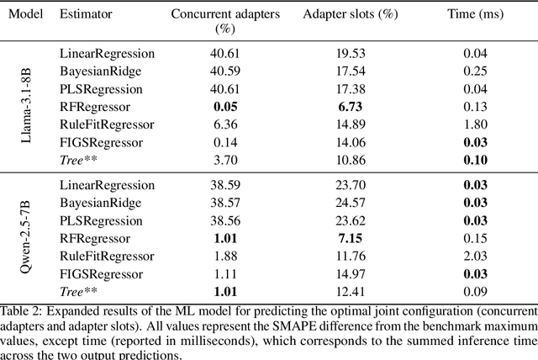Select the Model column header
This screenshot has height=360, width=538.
[24, 15]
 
